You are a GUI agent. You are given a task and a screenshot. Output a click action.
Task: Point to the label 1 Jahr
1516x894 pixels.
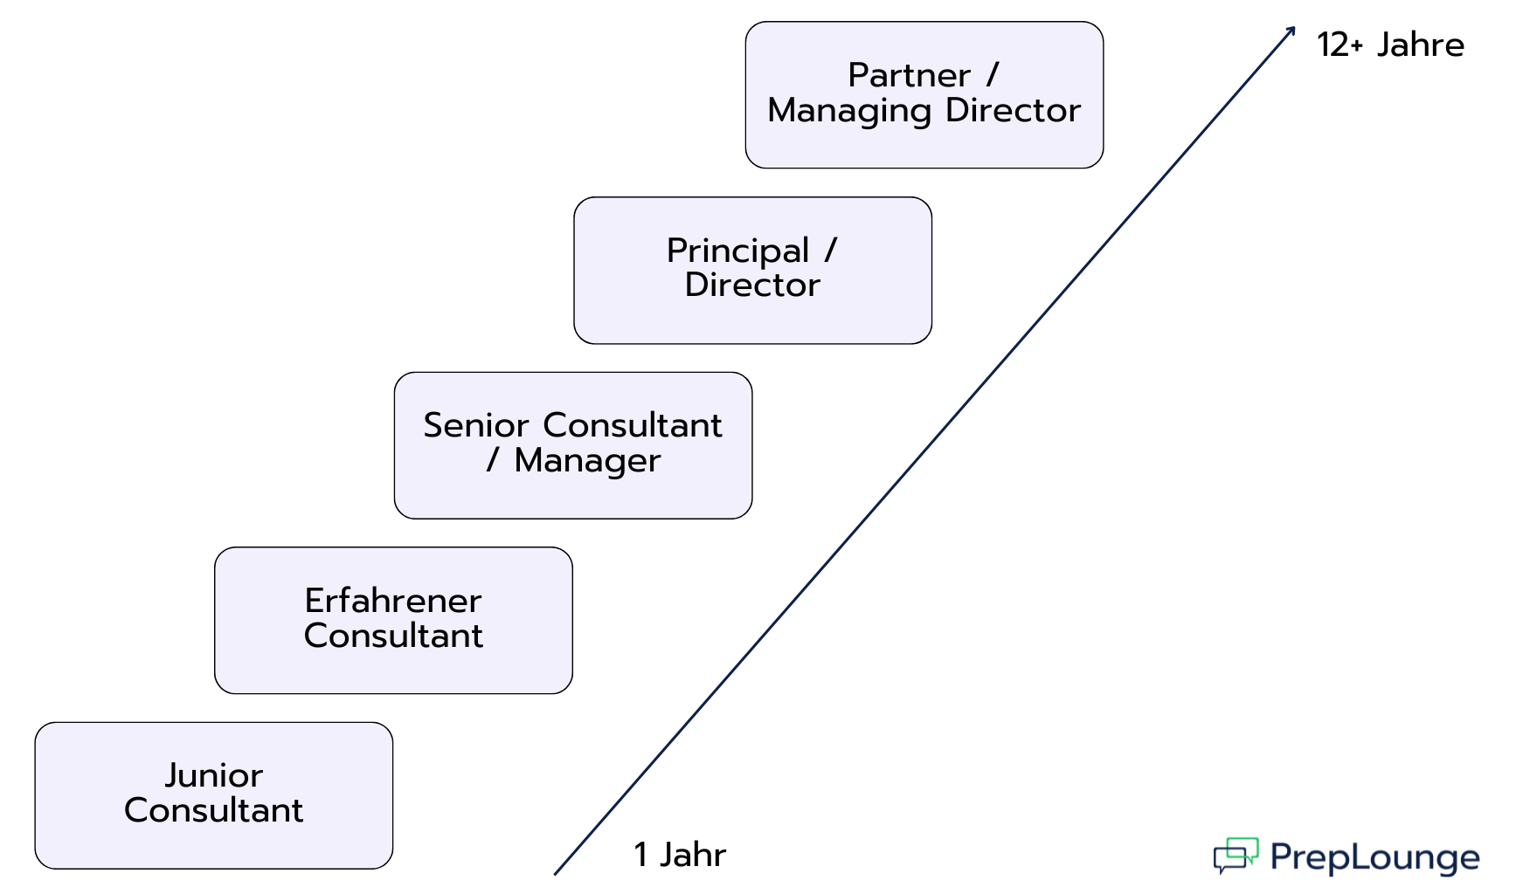point(680,855)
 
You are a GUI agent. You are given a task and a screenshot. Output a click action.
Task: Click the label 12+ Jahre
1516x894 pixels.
point(1390,45)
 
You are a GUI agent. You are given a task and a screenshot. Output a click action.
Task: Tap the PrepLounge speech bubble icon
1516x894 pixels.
point(1236,855)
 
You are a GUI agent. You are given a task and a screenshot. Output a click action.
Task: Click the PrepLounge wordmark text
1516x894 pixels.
point(1374,857)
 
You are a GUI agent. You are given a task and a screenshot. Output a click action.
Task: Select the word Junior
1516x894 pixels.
point(214,775)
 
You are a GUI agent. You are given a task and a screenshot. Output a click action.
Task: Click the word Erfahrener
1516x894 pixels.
point(393,601)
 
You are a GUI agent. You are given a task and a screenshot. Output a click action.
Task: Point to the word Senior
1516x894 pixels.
point(476,425)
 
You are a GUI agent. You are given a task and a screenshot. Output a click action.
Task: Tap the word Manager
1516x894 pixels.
point(587,461)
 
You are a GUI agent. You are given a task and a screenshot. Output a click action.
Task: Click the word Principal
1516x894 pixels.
point(738,251)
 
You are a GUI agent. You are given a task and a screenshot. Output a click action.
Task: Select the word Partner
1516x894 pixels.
point(909,75)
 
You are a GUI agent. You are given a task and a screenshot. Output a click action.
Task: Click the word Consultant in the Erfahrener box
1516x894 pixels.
point(393,636)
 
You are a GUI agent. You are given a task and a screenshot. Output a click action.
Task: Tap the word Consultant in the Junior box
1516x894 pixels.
point(214,810)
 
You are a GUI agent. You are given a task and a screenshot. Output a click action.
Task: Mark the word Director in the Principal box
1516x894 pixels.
point(752,285)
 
